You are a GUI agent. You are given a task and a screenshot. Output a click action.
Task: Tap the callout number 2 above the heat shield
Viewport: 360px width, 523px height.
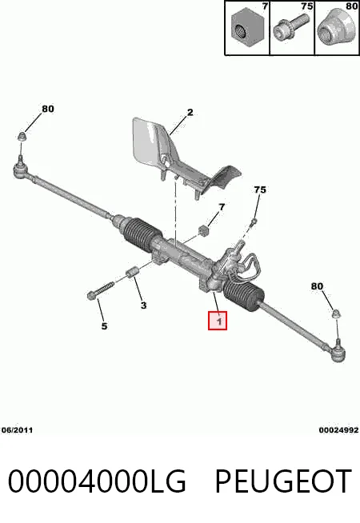pos(190,112)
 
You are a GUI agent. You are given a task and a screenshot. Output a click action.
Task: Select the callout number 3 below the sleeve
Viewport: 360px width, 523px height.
pos(143,305)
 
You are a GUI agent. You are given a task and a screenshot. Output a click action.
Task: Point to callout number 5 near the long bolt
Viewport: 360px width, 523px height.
pos(105,325)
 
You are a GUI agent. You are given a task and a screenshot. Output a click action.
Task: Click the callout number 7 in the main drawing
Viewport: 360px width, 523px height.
pos(222,207)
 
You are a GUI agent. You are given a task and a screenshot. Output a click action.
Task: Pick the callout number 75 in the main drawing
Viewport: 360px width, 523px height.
pos(260,190)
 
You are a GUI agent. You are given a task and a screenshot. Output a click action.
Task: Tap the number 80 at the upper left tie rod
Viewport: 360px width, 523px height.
pos(48,109)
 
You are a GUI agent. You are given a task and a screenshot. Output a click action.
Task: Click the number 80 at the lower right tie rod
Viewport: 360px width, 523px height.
pos(317,286)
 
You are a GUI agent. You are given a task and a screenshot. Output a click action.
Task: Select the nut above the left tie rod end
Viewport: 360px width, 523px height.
pos(22,136)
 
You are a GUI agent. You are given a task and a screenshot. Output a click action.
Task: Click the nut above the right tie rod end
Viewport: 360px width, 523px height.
pos(337,313)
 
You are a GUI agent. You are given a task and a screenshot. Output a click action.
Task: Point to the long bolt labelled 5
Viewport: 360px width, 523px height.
pos(100,289)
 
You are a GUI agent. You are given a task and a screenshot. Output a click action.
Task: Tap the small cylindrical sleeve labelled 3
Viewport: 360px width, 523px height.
pos(132,272)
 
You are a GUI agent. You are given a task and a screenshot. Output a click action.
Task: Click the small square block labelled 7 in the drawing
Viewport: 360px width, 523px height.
pos(203,231)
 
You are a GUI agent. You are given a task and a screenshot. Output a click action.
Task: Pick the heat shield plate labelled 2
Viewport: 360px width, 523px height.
pos(177,157)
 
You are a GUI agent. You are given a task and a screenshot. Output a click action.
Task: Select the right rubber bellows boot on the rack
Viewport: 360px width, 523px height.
pos(245,294)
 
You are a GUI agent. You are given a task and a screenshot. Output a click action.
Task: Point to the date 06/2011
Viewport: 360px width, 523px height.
pos(17,430)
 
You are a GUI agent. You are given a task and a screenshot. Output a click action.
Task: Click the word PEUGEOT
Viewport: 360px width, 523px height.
pos(283,481)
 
